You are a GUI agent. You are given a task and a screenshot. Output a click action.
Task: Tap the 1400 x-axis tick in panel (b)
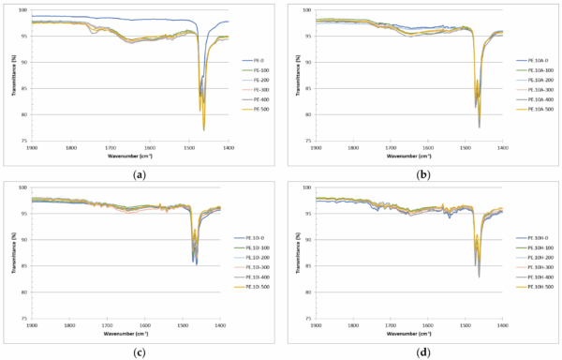pos(503,147)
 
